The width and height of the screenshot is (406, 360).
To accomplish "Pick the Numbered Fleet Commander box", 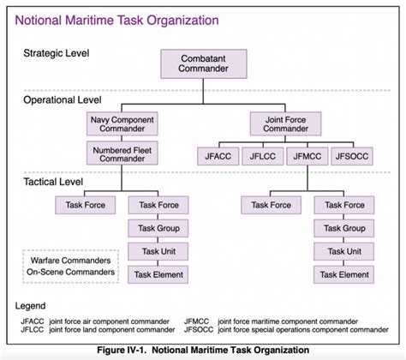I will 121,155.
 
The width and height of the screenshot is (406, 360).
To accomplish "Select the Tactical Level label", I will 55,181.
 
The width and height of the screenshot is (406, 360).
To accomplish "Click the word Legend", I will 33,306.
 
